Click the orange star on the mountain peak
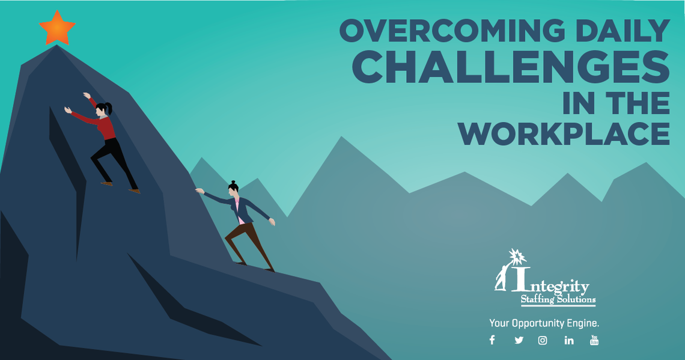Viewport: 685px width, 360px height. click(x=57, y=28)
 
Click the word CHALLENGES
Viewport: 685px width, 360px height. click(x=511, y=67)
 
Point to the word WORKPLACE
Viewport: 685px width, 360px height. click(x=564, y=133)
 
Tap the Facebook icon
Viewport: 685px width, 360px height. click(x=492, y=340)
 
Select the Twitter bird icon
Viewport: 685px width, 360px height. click(x=519, y=340)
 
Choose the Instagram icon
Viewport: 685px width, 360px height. click(x=543, y=340)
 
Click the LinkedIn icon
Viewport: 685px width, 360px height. click(x=569, y=340)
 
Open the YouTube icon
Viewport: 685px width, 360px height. click(x=594, y=340)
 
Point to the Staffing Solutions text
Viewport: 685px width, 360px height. click(x=558, y=299)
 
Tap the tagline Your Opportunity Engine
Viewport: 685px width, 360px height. click(x=544, y=323)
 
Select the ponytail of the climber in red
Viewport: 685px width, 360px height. click(x=109, y=108)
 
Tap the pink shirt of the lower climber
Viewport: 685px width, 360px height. click(x=238, y=210)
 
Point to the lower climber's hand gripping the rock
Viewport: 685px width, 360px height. click(x=199, y=191)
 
